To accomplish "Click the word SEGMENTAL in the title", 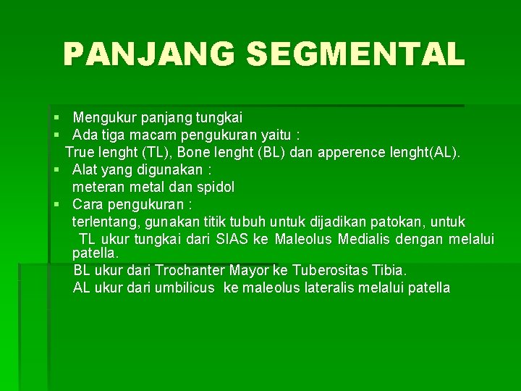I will click(x=355, y=54).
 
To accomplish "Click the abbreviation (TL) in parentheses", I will click(x=155, y=152).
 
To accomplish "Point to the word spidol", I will click(x=214, y=187).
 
